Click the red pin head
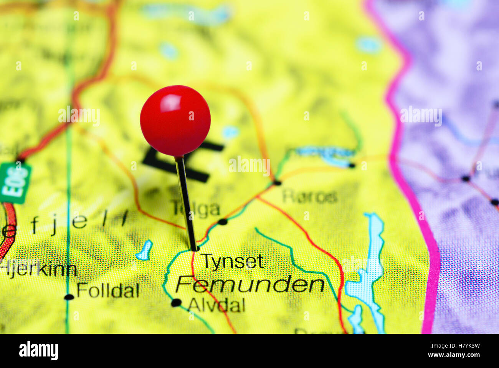(175, 120)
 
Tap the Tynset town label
(233, 261)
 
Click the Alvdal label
(216, 305)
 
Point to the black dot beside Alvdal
(176, 303)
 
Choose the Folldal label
(107, 290)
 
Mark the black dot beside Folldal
(69, 297)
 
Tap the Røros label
(310, 197)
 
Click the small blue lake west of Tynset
(144, 251)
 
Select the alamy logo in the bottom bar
(38, 351)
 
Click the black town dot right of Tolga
(222, 221)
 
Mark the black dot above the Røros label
(277, 182)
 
